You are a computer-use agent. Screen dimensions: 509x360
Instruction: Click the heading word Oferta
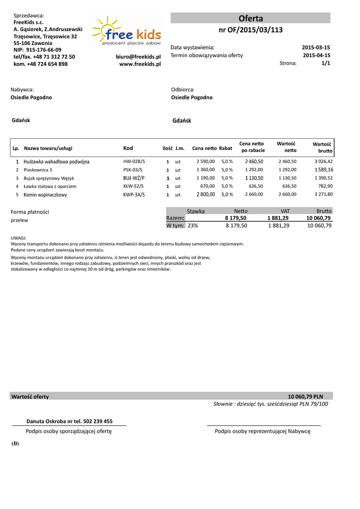point(251,18)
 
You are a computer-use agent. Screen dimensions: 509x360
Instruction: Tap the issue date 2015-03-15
point(316,47)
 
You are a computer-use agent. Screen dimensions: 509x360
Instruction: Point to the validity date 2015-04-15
point(316,55)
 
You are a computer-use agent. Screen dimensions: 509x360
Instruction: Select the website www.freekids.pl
point(140,64)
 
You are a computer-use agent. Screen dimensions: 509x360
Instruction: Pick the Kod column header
point(128,148)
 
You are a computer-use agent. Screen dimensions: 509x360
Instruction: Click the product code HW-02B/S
point(134,162)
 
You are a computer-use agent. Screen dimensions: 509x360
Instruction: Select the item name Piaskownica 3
point(38,170)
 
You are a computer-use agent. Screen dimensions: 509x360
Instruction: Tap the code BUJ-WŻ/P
point(134,178)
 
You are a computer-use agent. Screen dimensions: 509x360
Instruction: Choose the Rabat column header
point(226,149)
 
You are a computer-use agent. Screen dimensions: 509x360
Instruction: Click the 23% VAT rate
point(193,226)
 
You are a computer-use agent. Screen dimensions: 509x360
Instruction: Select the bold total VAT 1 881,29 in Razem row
point(277,218)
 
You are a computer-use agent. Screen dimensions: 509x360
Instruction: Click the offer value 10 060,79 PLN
point(305,397)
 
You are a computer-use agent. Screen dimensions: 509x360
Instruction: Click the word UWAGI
point(18,239)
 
